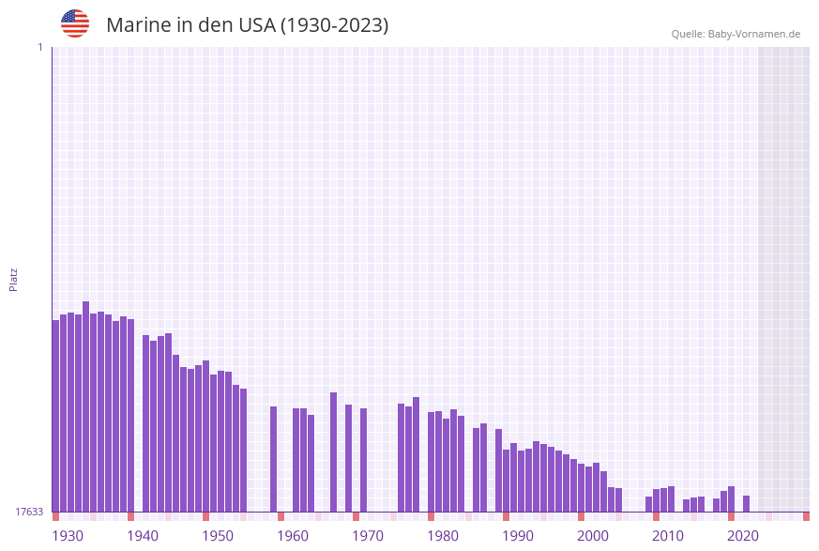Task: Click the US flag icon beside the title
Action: coord(75,23)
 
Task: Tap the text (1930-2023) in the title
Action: coord(334,25)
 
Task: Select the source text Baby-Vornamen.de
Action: coord(754,34)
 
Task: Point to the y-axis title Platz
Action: coord(14,279)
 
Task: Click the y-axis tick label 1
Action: coord(39,47)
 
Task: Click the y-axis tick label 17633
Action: coord(29,512)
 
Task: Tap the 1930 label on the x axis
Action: coord(68,536)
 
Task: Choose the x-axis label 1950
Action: coord(218,536)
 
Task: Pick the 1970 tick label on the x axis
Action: coord(368,536)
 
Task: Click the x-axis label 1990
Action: coord(518,536)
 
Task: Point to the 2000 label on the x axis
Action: coord(593,536)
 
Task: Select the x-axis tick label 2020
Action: coord(743,536)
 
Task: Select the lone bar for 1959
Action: coord(274,459)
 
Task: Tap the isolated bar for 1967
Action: coord(334,452)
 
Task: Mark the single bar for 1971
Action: coord(364,460)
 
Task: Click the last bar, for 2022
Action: coord(747,503)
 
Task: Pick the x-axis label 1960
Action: coord(293,536)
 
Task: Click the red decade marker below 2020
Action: coord(732,516)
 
